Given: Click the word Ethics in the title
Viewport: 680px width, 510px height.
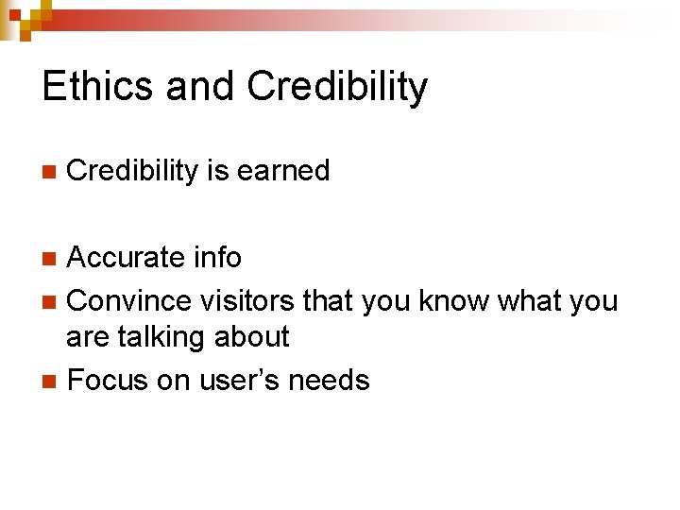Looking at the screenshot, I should click(98, 87).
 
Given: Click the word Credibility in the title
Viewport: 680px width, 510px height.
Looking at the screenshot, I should click(337, 87).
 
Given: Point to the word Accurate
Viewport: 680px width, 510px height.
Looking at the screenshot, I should click(127, 257).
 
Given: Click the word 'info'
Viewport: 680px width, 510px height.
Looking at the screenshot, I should click(217, 257).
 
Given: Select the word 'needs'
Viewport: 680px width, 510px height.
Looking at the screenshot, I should click(330, 381).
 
